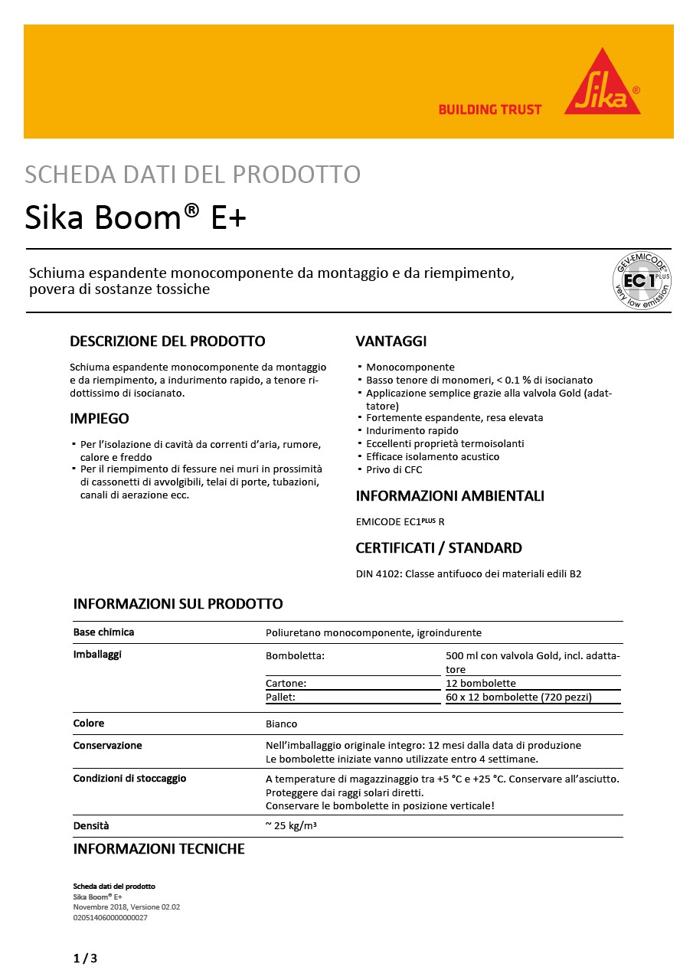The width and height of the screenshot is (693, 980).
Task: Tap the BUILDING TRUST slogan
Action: click(489, 109)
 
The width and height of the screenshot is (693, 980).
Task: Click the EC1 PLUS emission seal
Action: click(641, 281)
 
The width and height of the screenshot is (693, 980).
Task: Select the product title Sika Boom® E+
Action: click(136, 217)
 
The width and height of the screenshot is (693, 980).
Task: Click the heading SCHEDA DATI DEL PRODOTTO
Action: click(192, 175)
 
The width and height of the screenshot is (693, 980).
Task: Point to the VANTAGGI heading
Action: click(391, 341)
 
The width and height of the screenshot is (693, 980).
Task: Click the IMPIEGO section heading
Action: click(99, 419)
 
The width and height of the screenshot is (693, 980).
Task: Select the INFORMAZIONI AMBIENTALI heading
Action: click(449, 496)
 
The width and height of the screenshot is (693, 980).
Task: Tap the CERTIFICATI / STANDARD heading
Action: click(439, 548)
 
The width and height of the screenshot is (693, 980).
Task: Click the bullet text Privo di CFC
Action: click(394, 469)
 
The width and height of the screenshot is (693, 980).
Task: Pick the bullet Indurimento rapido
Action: click(412, 431)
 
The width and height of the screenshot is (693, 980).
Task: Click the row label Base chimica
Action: click(103, 632)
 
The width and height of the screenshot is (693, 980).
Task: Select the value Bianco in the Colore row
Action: click(281, 724)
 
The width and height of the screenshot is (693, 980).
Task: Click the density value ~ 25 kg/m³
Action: click(290, 826)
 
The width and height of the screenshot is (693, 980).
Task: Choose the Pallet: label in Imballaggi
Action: click(280, 697)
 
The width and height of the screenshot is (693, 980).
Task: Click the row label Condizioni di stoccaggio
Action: click(129, 779)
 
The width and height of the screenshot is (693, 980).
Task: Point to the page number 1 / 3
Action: click(85, 959)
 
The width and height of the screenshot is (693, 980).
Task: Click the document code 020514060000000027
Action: click(110, 917)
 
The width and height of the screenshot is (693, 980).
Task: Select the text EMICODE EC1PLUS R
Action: click(400, 522)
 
